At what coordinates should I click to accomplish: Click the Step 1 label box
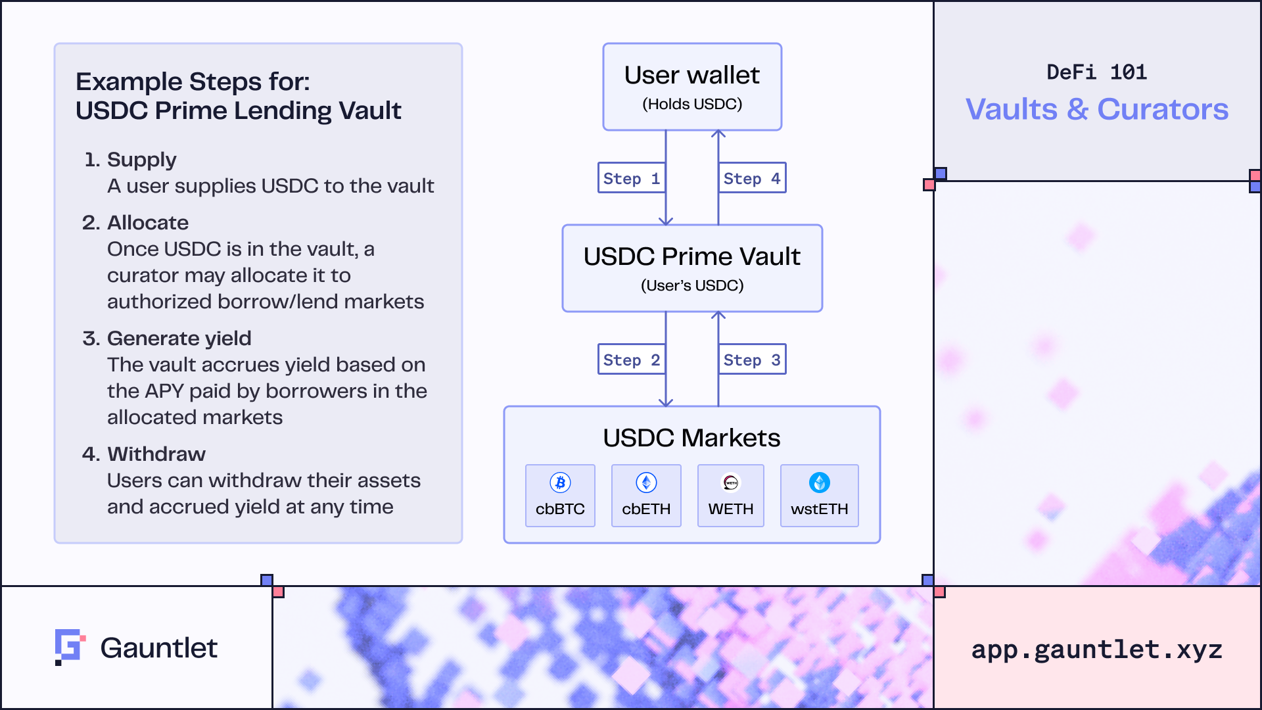click(x=631, y=178)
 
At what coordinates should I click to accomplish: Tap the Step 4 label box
click(x=752, y=178)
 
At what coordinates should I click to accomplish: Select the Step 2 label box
click(x=631, y=360)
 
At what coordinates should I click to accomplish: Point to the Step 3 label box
click(x=752, y=360)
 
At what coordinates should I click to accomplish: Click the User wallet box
click(x=692, y=87)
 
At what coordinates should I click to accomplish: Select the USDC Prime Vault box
click(x=692, y=268)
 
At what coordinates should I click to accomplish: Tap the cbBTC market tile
click(x=560, y=496)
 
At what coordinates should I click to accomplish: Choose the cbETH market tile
click(x=646, y=496)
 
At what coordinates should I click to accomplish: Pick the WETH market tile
click(x=731, y=496)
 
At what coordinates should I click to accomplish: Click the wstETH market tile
click(x=820, y=496)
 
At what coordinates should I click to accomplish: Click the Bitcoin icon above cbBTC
click(x=560, y=483)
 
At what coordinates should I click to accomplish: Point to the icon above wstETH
click(x=820, y=483)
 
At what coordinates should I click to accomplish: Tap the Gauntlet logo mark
click(x=70, y=647)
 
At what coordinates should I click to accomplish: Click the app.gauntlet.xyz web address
click(x=1097, y=650)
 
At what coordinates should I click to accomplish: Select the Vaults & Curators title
click(x=1097, y=109)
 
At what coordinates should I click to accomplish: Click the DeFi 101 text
click(x=1097, y=72)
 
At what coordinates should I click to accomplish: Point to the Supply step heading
click(x=141, y=160)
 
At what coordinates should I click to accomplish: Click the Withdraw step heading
click(x=156, y=454)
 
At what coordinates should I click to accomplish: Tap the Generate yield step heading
click(x=179, y=338)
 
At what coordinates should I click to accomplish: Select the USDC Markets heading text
click(x=691, y=438)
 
